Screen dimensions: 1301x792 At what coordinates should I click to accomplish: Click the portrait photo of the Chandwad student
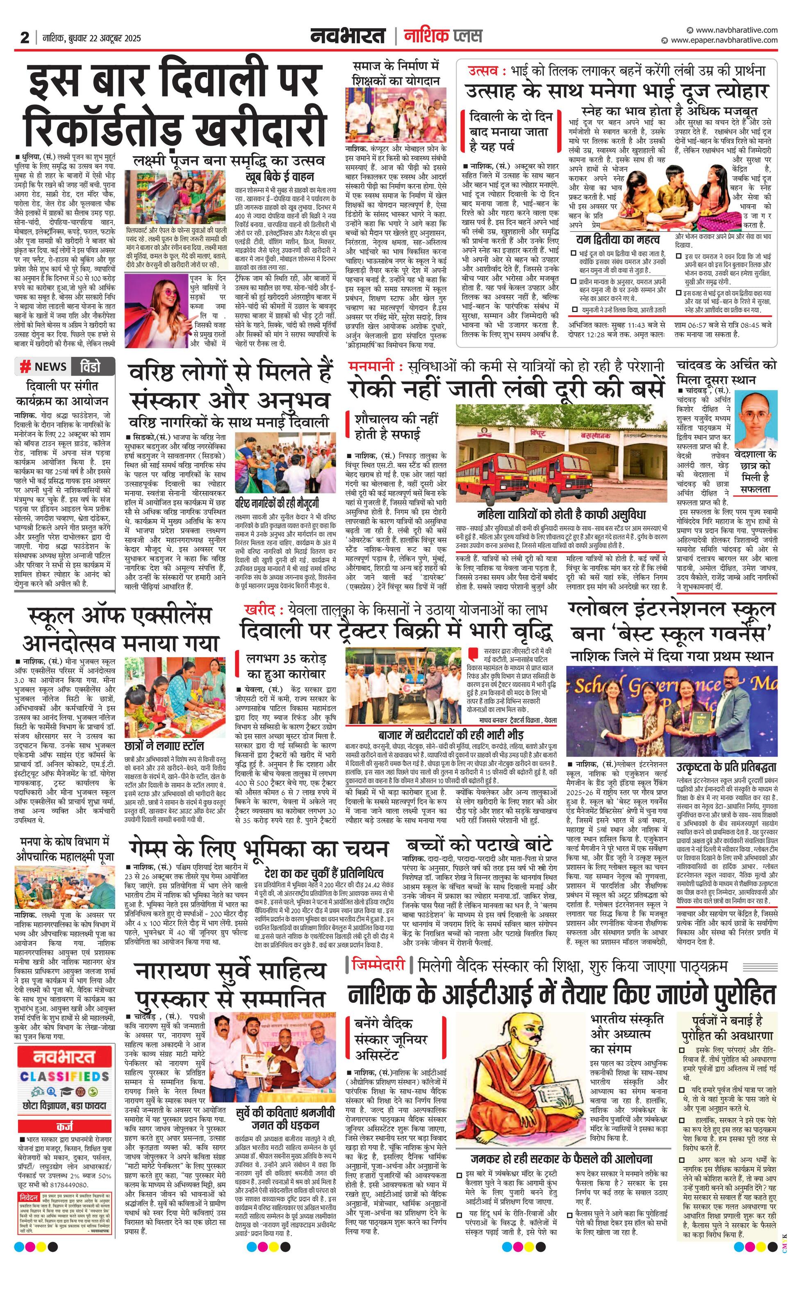(755, 419)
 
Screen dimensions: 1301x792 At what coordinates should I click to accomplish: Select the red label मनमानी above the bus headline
(371, 366)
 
